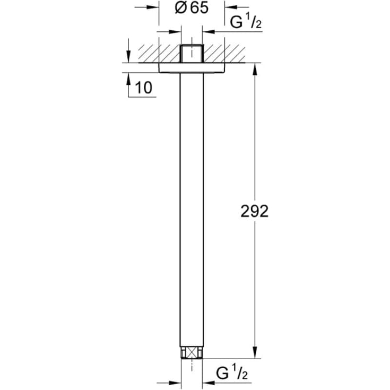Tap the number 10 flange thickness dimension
click(x=143, y=88)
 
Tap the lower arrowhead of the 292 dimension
click(x=256, y=354)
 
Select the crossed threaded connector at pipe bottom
click(x=192, y=353)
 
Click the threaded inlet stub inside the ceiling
click(x=192, y=53)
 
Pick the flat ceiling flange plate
click(x=192, y=68)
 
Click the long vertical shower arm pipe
click(x=192, y=212)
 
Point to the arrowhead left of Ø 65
click(x=154, y=7)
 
